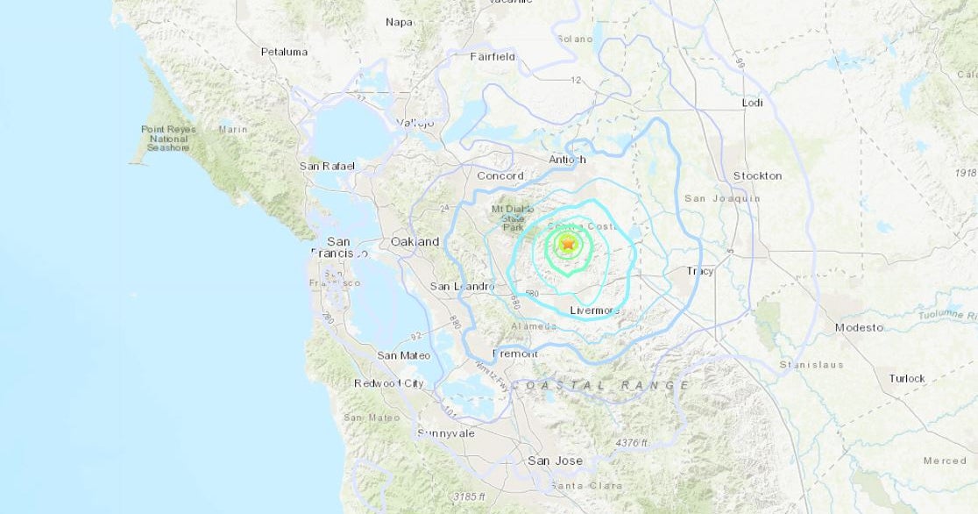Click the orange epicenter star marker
(x=567, y=245)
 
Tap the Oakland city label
(x=415, y=241)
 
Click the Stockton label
(x=757, y=175)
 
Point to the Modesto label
(x=859, y=327)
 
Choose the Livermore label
(x=594, y=311)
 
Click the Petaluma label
(x=284, y=52)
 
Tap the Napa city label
(x=400, y=22)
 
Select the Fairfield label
(x=493, y=57)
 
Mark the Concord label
(x=500, y=175)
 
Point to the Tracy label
(x=700, y=271)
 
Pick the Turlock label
(x=907, y=379)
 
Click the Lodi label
(x=752, y=103)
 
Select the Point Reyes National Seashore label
(x=169, y=139)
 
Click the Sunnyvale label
(x=445, y=433)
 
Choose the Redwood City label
(x=389, y=383)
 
